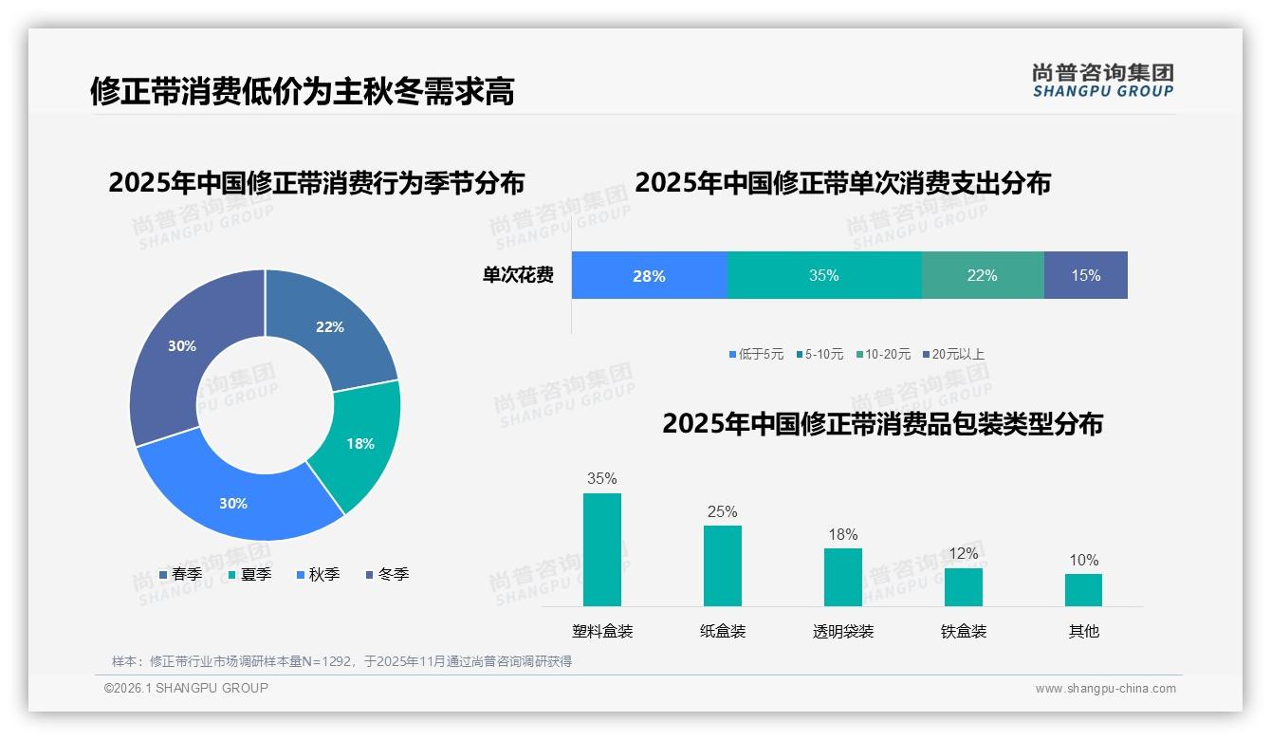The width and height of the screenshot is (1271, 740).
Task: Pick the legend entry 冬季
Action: [386, 574]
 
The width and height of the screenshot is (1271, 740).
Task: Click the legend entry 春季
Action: [179, 574]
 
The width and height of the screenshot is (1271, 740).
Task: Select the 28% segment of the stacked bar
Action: [649, 276]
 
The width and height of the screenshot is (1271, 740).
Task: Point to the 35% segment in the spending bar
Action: [823, 276]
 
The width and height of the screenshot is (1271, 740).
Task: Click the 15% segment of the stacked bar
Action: [1085, 276]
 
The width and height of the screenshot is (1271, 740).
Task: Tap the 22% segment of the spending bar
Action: [982, 276]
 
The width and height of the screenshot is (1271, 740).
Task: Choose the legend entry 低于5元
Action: [756, 355]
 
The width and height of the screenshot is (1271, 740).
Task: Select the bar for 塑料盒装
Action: [601, 549]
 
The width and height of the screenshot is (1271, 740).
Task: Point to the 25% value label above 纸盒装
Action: [722, 512]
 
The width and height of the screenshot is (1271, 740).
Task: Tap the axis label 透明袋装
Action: [842, 632]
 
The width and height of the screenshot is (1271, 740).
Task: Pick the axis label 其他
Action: [1083, 632]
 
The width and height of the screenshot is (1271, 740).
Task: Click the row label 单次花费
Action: [518, 276]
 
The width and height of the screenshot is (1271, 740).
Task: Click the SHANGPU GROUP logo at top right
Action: [1102, 81]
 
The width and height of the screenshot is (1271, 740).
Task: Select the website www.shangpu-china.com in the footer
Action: [1105, 689]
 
